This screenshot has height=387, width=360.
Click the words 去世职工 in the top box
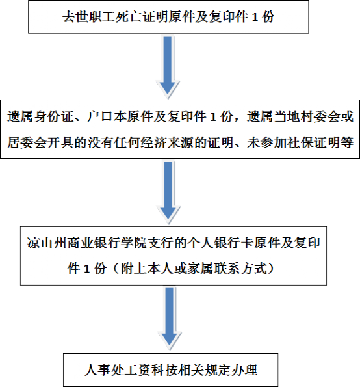pos(89,17)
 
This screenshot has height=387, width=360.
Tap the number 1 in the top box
pos(255,18)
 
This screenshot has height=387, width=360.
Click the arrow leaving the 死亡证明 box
pos(168,66)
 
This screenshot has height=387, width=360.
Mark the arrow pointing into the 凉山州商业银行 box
pos(168,193)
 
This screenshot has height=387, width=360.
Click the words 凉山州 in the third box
pos(47,243)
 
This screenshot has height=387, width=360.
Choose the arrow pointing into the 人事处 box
pos(170,319)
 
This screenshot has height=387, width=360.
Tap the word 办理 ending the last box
pos(244,370)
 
